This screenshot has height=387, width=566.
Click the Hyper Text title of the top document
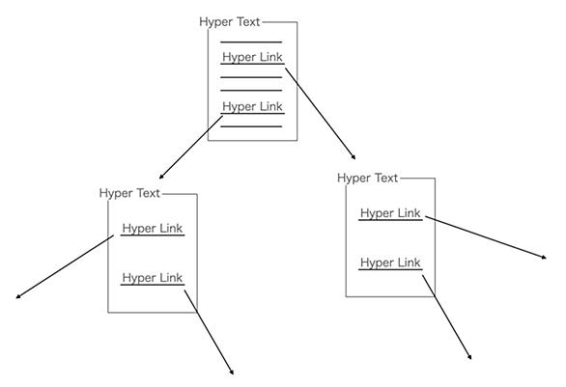(230, 22)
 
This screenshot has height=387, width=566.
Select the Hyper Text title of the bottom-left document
(129, 193)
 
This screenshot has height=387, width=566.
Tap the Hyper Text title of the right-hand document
(367, 179)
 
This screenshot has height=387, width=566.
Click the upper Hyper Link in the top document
(252, 57)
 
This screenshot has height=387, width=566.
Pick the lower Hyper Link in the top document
(252, 107)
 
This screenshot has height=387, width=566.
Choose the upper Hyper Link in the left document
(153, 229)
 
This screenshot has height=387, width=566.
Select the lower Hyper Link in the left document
(153, 278)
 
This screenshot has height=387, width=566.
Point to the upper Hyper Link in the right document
(390, 213)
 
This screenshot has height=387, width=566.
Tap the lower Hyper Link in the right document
(390, 263)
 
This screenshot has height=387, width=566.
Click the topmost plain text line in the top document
(251, 42)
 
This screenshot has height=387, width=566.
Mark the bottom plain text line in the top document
(251, 126)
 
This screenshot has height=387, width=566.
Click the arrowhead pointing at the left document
(161, 177)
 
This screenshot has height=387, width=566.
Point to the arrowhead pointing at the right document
(354, 157)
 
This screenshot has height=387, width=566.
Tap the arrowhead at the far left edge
(18, 297)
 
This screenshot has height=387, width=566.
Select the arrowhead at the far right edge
(545, 257)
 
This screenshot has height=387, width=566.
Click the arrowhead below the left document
(232, 373)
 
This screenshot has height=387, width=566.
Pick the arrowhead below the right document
(470, 357)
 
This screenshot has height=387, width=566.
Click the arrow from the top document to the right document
(321, 114)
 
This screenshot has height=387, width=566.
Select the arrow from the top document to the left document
(191, 147)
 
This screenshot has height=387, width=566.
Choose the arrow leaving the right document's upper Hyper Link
(486, 237)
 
